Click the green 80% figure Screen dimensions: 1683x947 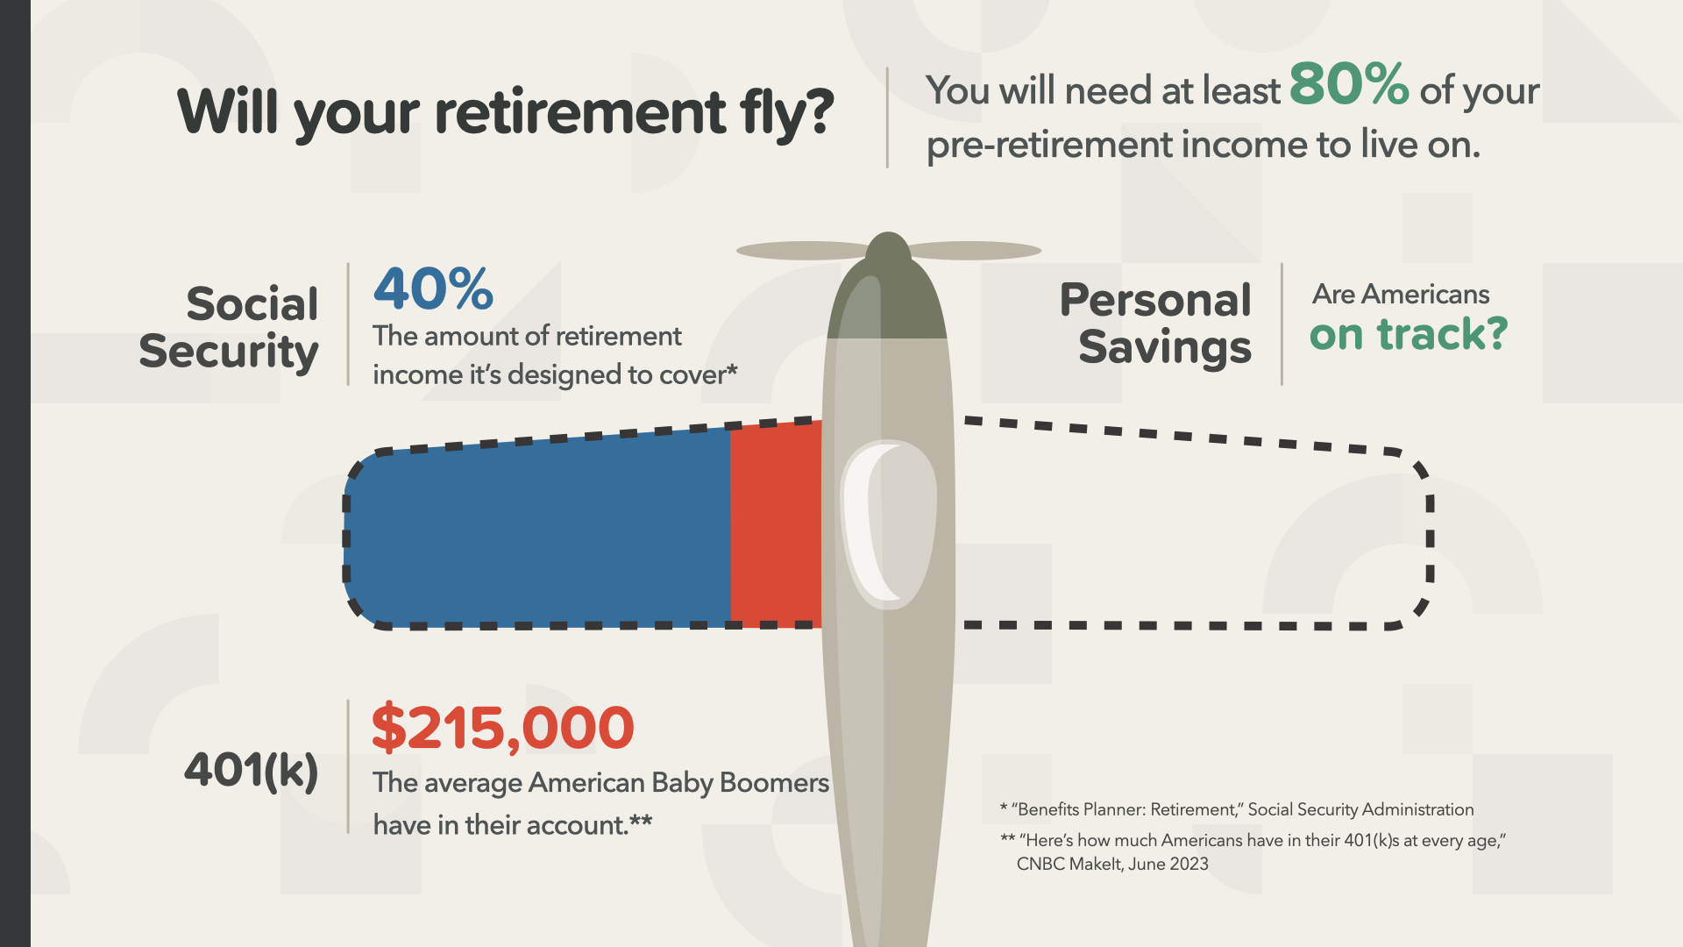coord(1348,84)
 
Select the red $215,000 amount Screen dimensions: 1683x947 coord(502,728)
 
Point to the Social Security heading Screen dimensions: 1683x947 coord(229,328)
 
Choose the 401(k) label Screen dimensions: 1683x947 coord(251,771)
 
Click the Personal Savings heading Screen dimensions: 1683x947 coord(1156,324)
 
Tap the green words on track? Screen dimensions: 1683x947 coord(1408,334)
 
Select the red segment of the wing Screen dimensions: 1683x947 coord(776,524)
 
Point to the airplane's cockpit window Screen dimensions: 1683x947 coord(888,524)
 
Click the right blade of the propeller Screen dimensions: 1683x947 coord(975,250)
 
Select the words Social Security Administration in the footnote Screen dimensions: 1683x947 coord(1360,809)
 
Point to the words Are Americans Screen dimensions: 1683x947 coord(1401,294)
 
